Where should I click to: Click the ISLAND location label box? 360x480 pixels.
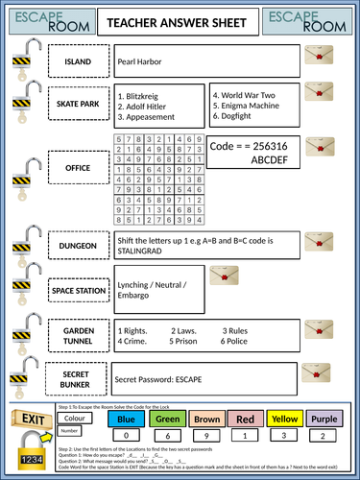point(76,61)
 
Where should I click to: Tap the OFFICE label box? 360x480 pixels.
point(77,167)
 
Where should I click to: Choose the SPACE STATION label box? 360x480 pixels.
point(78,289)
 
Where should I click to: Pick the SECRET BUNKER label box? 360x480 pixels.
point(77,379)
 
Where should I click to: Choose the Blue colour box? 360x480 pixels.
point(124,419)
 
